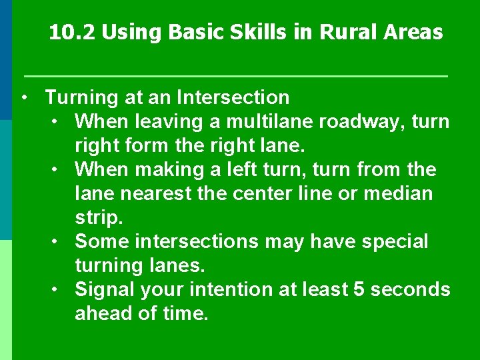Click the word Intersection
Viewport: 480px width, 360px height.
point(233,97)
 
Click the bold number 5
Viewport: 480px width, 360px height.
point(357,290)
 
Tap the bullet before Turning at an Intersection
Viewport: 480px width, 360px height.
point(23,97)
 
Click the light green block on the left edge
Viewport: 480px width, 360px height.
point(6,300)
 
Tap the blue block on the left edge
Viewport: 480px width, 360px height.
point(6,60)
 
